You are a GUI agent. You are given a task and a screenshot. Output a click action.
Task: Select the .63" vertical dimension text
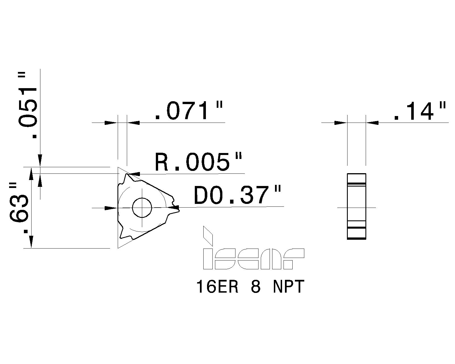19,209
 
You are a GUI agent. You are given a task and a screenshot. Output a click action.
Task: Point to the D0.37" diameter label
237,195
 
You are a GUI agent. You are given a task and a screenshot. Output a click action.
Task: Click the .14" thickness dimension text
419,111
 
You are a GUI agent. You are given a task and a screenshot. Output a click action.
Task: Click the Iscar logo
253,259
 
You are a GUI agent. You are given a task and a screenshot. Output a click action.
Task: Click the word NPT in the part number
288,287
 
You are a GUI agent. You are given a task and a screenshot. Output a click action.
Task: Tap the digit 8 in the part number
255,287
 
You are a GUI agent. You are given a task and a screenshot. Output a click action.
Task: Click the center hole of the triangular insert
142,208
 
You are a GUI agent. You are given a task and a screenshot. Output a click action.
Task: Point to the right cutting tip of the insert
178,209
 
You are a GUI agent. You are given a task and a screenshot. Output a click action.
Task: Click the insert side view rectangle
356,206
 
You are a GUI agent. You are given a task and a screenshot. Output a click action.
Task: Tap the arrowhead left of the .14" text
373,123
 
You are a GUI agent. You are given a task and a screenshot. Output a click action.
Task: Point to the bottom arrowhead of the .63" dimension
32,242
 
